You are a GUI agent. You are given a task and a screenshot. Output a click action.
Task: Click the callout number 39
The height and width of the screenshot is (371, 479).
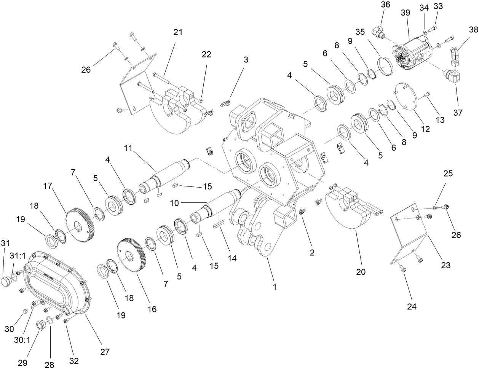point(405,13)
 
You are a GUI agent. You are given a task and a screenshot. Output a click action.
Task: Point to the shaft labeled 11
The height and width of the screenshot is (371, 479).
point(168,175)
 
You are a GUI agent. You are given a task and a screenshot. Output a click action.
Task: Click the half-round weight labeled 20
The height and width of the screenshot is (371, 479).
point(348,213)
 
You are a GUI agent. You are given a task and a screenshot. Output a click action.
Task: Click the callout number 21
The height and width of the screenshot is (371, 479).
point(178,32)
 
